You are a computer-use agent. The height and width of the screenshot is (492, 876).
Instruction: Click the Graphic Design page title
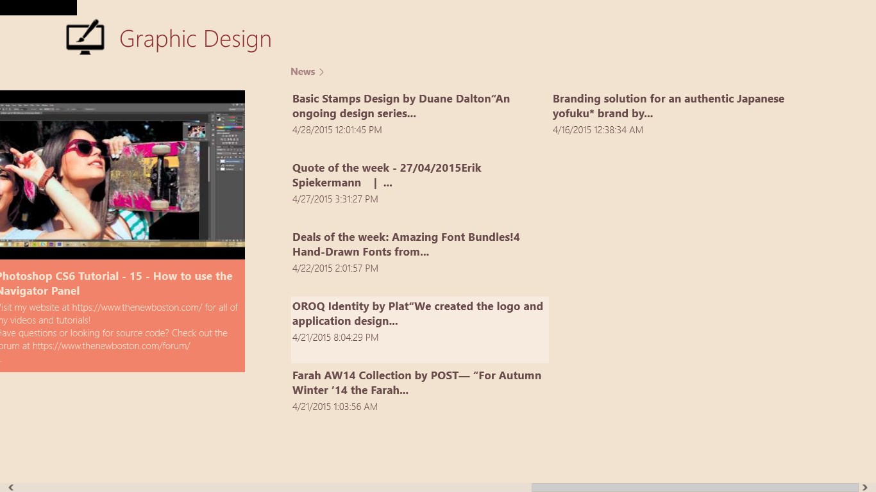tap(195, 39)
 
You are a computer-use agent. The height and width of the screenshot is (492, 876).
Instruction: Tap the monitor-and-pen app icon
tap(85, 37)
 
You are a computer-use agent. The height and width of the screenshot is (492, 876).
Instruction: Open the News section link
tap(303, 72)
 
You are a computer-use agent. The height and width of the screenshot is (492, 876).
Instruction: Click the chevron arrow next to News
tap(321, 72)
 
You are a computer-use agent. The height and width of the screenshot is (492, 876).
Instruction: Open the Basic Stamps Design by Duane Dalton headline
tap(401, 106)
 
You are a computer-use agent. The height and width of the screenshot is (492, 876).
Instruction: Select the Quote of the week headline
tap(387, 176)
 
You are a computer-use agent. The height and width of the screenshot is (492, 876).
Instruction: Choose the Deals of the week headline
tap(406, 245)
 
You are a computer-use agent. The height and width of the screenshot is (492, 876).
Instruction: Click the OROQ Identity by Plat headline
tap(417, 314)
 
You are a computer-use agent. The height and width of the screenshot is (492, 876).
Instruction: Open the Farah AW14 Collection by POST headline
tap(417, 383)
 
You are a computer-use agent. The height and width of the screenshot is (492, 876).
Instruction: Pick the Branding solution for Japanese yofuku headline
tap(668, 106)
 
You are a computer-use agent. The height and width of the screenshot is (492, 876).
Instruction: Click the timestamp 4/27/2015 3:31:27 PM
tap(335, 199)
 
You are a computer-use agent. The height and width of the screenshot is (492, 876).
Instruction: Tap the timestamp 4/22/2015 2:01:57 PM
tap(335, 268)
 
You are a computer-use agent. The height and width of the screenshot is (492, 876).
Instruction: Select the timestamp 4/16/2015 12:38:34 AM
tap(598, 130)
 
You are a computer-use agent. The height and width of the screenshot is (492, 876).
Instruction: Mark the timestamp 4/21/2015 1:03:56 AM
tap(335, 407)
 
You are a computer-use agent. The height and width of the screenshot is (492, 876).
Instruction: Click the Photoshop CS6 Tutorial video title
tap(115, 283)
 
